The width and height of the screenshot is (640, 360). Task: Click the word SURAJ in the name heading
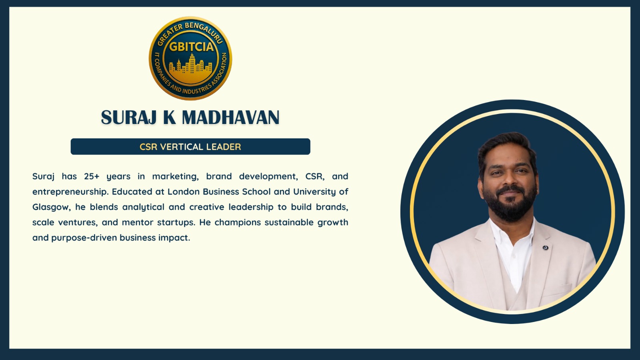(128, 118)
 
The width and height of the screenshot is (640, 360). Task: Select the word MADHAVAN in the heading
(230, 118)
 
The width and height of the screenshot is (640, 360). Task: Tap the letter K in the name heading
(170, 118)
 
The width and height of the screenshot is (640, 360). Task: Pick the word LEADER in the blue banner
(224, 147)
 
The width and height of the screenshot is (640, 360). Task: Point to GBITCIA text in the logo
(191, 46)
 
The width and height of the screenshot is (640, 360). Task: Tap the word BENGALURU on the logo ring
(204, 32)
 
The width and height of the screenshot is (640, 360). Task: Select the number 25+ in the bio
(92, 176)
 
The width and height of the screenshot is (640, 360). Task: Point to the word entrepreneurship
(70, 192)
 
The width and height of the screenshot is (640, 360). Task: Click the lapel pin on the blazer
(546, 248)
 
